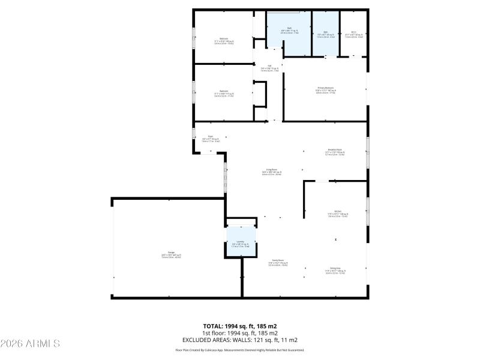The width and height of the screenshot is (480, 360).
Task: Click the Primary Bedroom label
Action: tap(325, 88)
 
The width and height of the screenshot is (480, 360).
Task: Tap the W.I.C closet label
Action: tap(354, 32)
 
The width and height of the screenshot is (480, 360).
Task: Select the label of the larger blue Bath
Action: tap(289, 28)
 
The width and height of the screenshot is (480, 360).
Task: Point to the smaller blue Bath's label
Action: tap(326, 32)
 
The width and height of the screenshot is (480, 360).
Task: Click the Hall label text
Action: tap(269, 66)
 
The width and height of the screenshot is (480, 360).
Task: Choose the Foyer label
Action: tap(211, 137)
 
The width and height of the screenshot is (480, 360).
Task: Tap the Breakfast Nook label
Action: tap(335, 150)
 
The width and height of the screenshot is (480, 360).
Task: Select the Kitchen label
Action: tap(338, 212)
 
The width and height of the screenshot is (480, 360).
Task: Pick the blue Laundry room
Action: tap(241, 242)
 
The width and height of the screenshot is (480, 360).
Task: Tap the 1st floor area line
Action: tap(239, 333)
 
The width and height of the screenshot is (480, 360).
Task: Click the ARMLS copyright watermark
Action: tap(30, 344)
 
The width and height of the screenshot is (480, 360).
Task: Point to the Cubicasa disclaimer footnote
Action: tap(239, 350)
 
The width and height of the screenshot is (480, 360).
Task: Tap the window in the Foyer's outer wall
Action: tap(194, 133)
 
